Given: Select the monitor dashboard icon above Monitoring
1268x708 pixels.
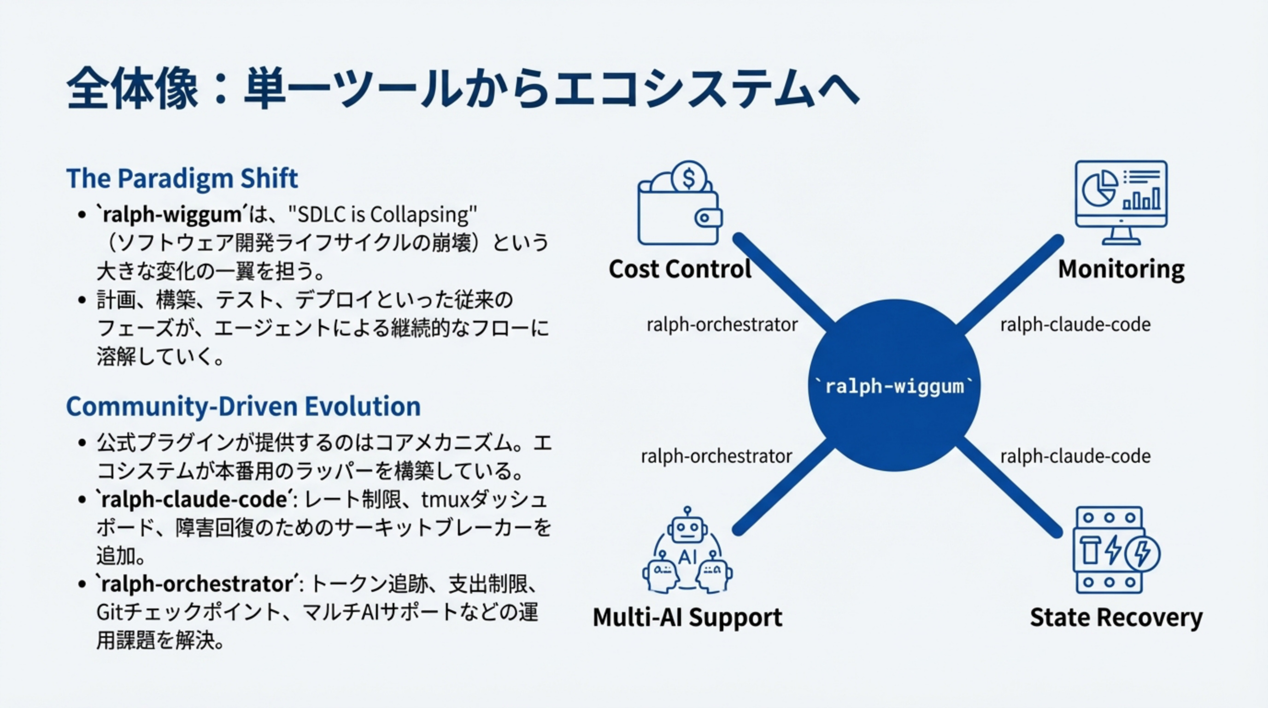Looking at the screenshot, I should pyautogui.click(x=1121, y=202).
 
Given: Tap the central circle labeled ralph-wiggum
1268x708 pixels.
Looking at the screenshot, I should pyautogui.click(x=894, y=385).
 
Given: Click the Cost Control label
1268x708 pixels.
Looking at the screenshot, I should pyautogui.click(x=680, y=269).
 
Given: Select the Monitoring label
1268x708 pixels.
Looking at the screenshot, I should pyautogui.click(x=1121, y=269).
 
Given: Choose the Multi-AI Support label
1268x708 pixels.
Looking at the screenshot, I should pyautogui.click(x=687, y=617).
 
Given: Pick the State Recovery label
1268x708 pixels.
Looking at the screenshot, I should pyautogui.click(x=1115, y=617).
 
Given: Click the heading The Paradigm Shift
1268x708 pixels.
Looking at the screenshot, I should pyautogui.click(x=182, y=178).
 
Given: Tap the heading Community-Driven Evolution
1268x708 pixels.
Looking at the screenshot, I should pyautogui.click(x=243, y=407).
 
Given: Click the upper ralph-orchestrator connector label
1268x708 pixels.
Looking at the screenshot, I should pyautogui.click(x=722, y=325).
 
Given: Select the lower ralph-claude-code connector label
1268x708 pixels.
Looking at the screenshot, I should pyautogui.click(x=1075, y=456).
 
